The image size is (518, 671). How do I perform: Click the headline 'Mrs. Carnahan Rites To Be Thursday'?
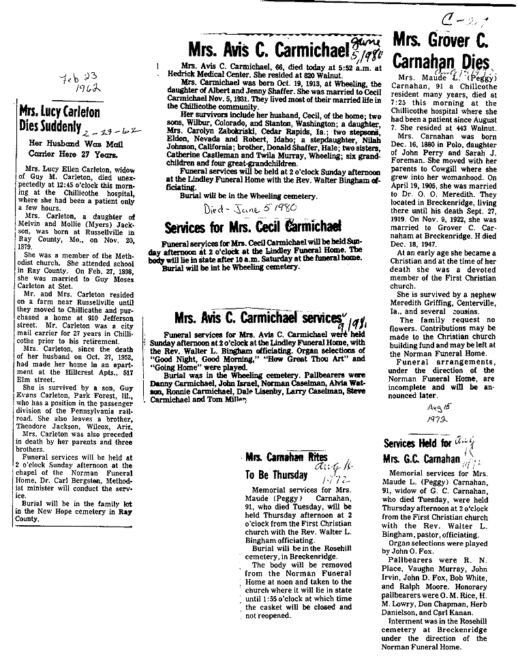coord(277,467)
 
